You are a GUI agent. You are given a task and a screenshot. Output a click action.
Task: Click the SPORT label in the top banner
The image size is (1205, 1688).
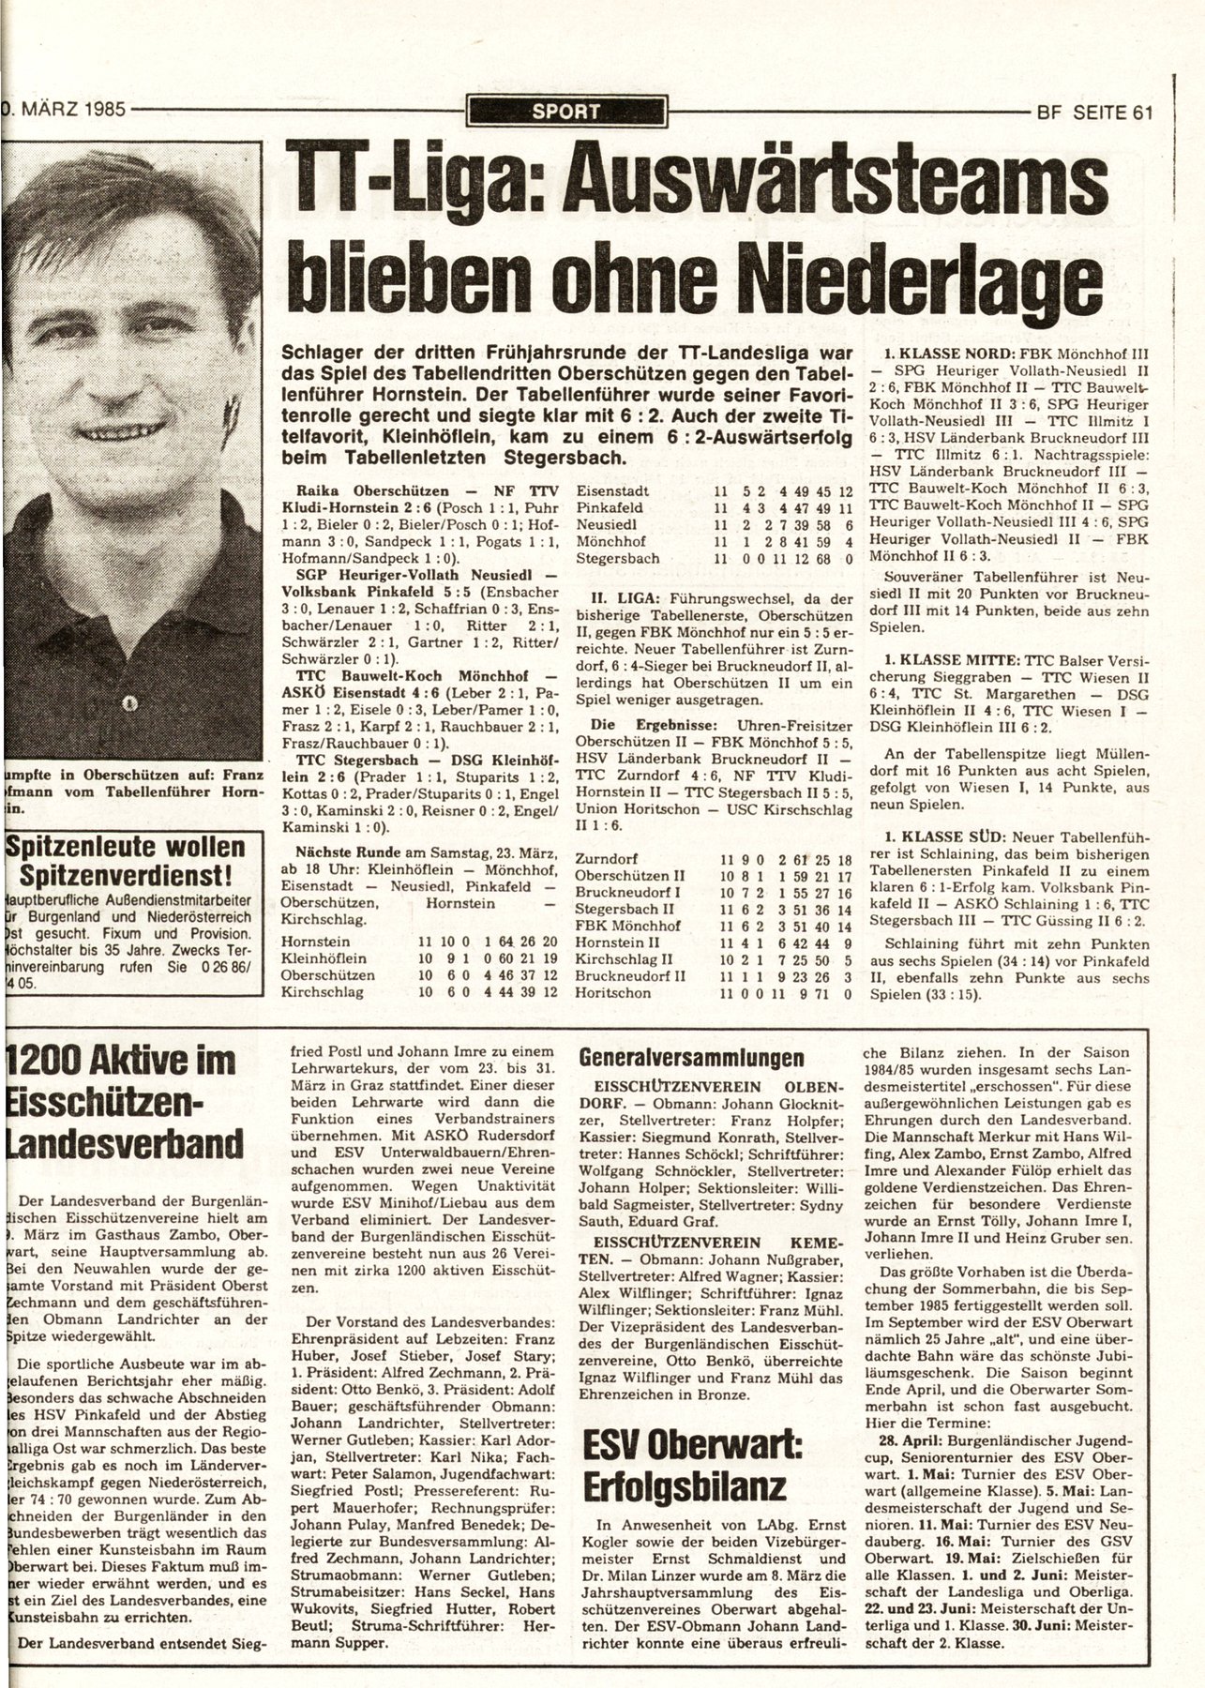coord(565,113)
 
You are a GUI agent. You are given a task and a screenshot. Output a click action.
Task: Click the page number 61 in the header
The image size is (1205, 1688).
coord(1141,113)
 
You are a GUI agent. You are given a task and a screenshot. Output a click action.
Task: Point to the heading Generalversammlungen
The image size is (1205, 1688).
coord(691,1059)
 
